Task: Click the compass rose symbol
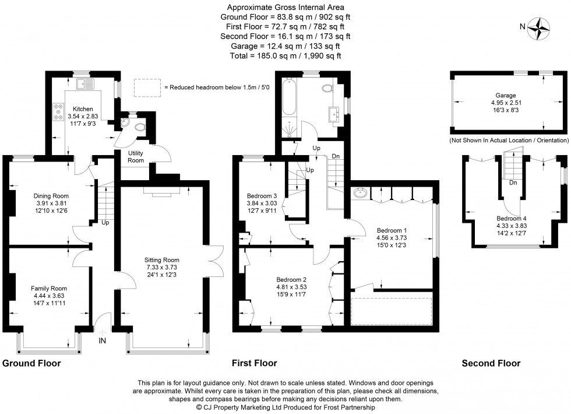[541, 28]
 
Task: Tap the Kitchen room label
[82, 109]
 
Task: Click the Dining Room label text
[51, 196]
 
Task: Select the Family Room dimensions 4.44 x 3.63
[49, 296]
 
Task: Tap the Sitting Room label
[163, 260]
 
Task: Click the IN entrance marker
[103, 341]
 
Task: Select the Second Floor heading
[491, 363]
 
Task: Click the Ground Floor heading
[31, 363]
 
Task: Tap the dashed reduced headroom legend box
[147, 87]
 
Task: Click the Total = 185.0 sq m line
[285, 55]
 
